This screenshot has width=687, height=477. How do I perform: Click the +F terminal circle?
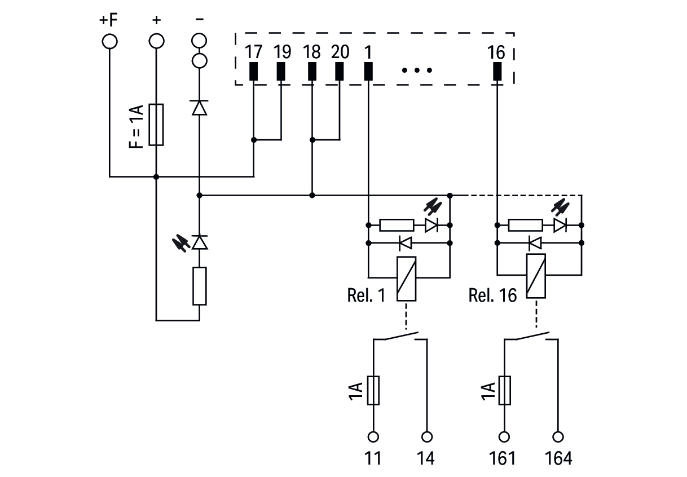(109, 41)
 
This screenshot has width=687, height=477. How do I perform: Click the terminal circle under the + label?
(156, 41)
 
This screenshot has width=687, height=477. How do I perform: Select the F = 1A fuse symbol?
(156, 125)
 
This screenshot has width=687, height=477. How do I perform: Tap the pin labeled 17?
(254, 72)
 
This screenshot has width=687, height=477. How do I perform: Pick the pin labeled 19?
(281, 72)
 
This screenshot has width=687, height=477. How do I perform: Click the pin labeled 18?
(312, 72)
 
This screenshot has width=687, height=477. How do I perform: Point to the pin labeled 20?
(340, 72)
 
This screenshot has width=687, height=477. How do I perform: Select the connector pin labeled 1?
(368, 72)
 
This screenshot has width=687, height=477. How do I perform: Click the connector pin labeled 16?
(497, 72)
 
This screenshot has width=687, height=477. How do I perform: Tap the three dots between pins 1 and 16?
(417, 71)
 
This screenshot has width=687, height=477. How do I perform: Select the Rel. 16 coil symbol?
(536, 276)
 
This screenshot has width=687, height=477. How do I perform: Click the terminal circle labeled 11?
(373, 437)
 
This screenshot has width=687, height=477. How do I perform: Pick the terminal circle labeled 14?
(427, 437)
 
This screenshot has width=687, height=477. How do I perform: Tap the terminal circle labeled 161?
(504, 437)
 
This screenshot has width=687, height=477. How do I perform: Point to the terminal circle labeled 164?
(558, 437)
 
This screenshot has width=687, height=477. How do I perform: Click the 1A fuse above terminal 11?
(373, 390)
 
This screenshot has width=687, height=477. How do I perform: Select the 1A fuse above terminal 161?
(504, 390)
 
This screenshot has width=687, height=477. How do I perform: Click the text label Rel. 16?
(492, 295)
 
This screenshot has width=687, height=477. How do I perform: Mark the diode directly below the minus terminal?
(199, 107)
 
